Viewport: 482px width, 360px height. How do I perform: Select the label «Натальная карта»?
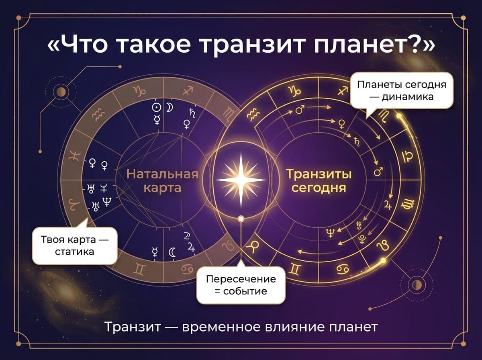pos(162,180)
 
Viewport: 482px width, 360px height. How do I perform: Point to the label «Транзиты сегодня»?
pos(319,180)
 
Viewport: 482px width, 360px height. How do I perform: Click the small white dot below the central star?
pos(241,219)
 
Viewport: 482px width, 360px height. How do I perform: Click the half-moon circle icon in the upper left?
pos(61,92)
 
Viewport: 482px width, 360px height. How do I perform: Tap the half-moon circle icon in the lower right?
pos(414,285)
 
